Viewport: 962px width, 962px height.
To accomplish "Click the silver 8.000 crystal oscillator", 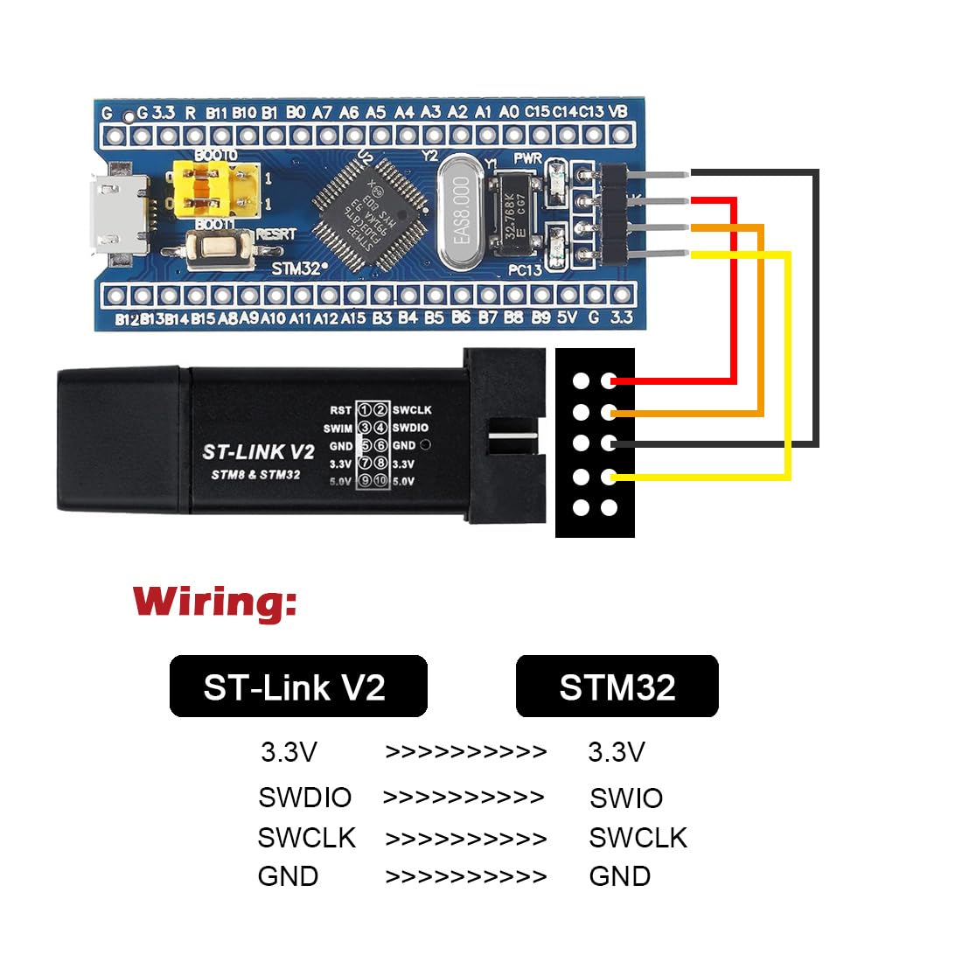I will click(460, 211).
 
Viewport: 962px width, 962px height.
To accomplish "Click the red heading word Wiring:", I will click(215, 602).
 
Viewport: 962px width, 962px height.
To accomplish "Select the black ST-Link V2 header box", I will click(297, 687).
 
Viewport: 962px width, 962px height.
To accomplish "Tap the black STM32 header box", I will click(617, 687).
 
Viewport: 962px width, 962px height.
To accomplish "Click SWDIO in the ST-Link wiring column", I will click(304, 798).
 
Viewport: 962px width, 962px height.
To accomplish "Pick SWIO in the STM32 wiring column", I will click(626, 798).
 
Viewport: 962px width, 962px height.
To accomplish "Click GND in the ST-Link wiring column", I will click(288, 876).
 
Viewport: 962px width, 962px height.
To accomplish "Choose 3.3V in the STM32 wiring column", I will click(616, 752).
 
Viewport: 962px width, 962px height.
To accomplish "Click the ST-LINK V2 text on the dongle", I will click(258, 452).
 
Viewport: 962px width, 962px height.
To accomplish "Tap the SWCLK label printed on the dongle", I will click(412, 410).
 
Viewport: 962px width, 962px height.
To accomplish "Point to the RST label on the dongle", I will click(340, 410).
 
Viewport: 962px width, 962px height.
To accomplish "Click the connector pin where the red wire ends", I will click(610, 380).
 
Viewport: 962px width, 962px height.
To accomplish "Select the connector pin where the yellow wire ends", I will click(610, 477).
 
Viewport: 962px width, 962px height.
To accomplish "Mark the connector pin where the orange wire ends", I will click(610, 412).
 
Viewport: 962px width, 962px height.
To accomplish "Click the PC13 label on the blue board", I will click(525, 270).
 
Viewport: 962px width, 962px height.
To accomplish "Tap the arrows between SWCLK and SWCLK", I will click(465, 839).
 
